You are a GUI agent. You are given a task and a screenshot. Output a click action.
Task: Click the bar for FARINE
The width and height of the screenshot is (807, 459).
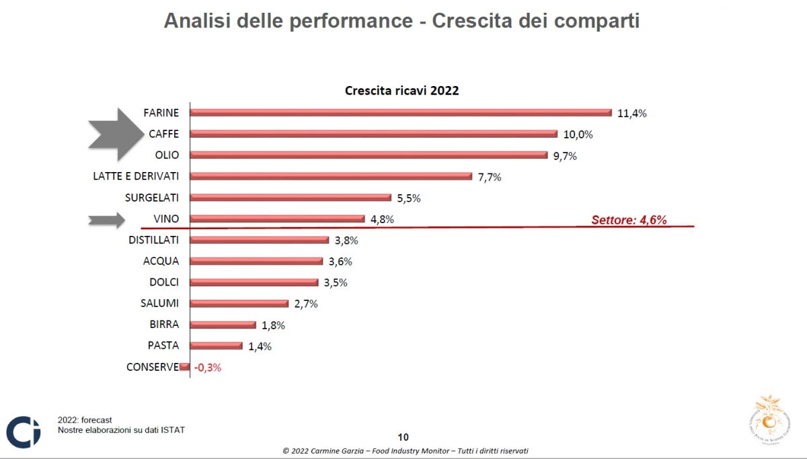pos(401,112)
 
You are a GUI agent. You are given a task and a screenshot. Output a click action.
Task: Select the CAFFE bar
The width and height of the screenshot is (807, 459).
pos(374,134)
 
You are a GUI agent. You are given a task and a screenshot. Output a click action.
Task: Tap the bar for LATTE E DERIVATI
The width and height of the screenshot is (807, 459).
pos(331,176)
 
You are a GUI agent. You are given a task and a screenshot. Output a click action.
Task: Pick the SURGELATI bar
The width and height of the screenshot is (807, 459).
pos(291,198)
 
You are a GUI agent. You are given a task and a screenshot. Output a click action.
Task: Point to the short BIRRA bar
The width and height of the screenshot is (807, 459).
pos(223,325)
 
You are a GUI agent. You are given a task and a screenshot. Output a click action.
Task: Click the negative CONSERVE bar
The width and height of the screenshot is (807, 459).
pos(185,367)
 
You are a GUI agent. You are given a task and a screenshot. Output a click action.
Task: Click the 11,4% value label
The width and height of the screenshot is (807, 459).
pos(631,113)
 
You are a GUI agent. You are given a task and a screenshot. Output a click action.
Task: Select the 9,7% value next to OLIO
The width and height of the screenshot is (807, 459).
pos(564,156)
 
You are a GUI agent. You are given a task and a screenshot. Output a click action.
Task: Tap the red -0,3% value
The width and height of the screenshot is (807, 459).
pos(208,368)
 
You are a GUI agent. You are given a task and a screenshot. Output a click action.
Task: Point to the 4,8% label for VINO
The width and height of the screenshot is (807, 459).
pos(382,219)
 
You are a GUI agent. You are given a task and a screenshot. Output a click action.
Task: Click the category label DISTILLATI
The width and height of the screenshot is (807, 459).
pos(154,240)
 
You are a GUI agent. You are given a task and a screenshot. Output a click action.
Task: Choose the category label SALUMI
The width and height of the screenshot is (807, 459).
pos(160,303)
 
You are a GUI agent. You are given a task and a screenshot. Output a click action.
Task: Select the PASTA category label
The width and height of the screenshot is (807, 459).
pos(163,345)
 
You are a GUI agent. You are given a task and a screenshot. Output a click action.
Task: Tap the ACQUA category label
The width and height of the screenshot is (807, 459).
pos(161,261)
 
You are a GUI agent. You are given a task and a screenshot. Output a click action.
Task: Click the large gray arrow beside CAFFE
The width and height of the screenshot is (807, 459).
pos(114,134)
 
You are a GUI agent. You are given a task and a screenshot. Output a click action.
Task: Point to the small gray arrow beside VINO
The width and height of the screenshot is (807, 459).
pos(107,219)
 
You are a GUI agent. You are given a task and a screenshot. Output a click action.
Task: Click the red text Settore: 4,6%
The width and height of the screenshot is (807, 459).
pos(629,219)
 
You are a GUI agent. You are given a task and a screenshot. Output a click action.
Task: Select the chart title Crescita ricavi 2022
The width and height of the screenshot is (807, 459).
pos(401,90)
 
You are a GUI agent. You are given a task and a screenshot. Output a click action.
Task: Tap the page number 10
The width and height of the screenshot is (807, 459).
pos(403,436)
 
